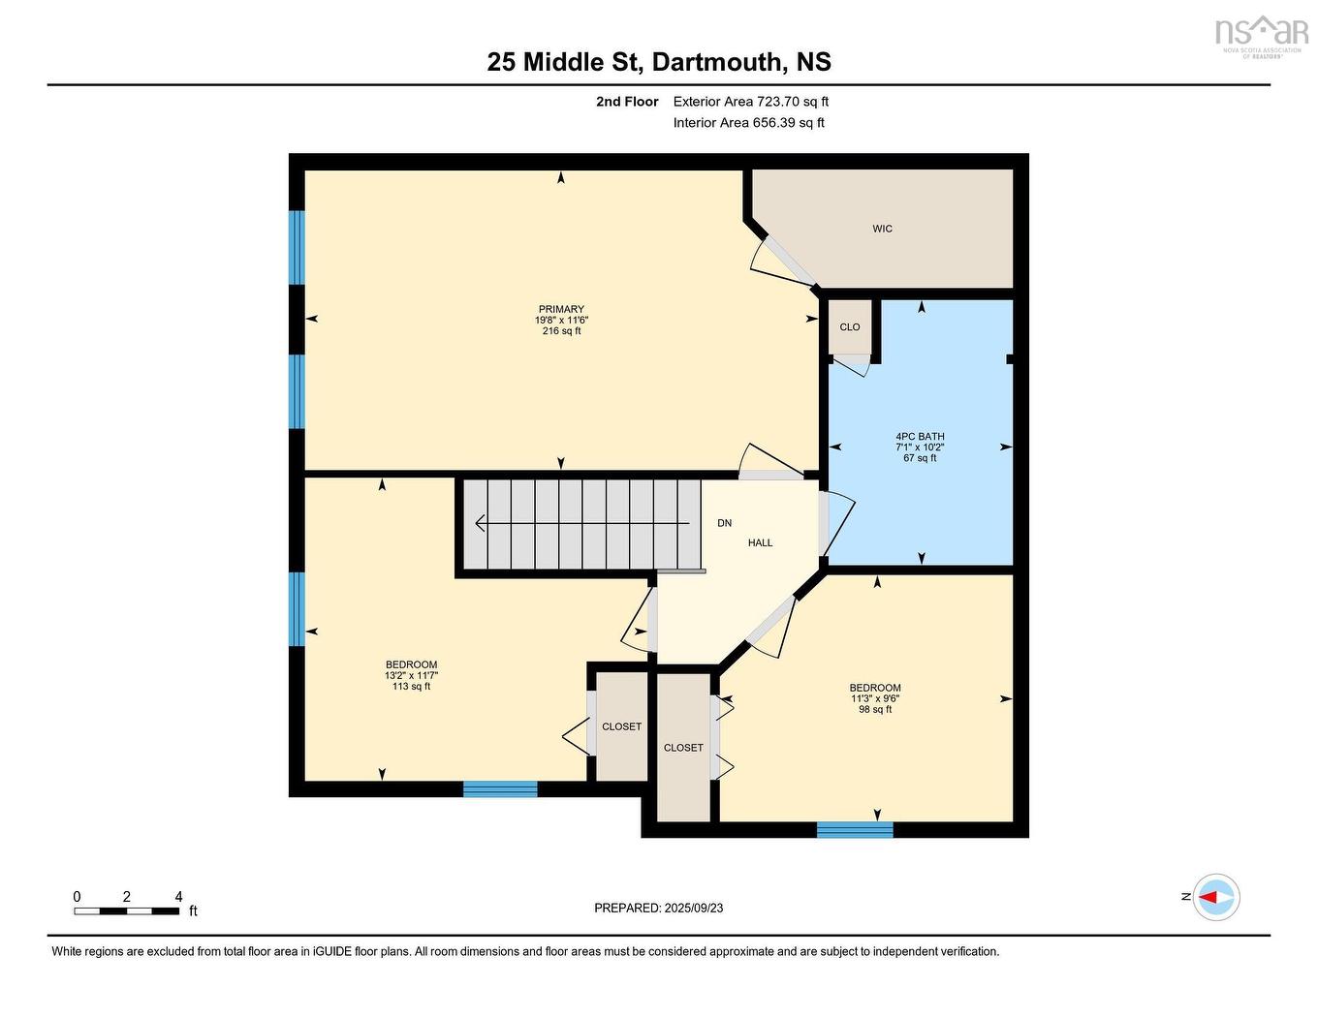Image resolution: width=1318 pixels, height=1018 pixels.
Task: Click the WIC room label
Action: pos(882,229)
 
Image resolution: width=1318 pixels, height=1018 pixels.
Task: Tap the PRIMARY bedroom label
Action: pos(561,309)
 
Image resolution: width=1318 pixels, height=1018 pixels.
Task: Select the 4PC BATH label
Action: pos(920,437)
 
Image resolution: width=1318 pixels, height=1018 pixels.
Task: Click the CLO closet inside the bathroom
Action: pos(850,327)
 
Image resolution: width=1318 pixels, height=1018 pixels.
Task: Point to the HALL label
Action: pos(760,543)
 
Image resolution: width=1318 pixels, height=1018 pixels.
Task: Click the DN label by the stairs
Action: pos(724,523)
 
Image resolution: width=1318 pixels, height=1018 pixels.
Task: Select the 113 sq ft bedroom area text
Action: pos(411,687)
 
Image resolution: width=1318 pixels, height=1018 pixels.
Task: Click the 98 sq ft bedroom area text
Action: pos(875,710)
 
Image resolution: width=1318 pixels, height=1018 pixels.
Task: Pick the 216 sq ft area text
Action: pos(561,331)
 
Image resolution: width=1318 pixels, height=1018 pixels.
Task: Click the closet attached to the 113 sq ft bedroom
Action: pos(621,726)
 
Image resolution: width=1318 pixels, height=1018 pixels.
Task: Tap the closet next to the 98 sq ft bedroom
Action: pos(683,748)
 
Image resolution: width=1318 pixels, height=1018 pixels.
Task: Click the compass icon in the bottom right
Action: pos(1216,898)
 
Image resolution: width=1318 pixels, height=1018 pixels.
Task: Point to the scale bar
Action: pos(126,910)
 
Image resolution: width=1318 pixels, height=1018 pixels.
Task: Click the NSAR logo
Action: pos(1261,35)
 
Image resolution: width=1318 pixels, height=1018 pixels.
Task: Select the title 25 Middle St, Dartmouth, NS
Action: pos(659,62)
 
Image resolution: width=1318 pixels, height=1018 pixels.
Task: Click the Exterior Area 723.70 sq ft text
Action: pos(751,102)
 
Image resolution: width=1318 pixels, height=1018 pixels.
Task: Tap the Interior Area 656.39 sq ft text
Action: pos(749,123)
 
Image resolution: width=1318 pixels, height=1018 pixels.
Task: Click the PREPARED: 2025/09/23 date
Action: pos(659,909)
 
